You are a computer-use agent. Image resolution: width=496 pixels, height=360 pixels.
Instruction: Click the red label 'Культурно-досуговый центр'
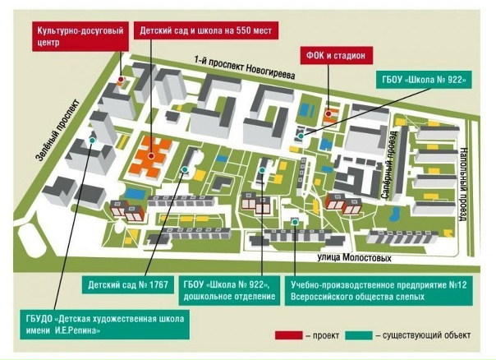81,36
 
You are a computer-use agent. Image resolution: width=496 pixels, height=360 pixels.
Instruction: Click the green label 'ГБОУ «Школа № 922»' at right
425,81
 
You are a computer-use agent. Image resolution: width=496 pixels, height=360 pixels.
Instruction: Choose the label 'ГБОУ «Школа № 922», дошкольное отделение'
236,290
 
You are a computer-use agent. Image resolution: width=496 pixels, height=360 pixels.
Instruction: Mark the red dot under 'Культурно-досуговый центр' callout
122,80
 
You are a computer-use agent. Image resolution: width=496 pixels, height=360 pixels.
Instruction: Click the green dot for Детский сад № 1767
184,170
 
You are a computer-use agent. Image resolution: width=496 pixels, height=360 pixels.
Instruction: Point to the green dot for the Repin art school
93,141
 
